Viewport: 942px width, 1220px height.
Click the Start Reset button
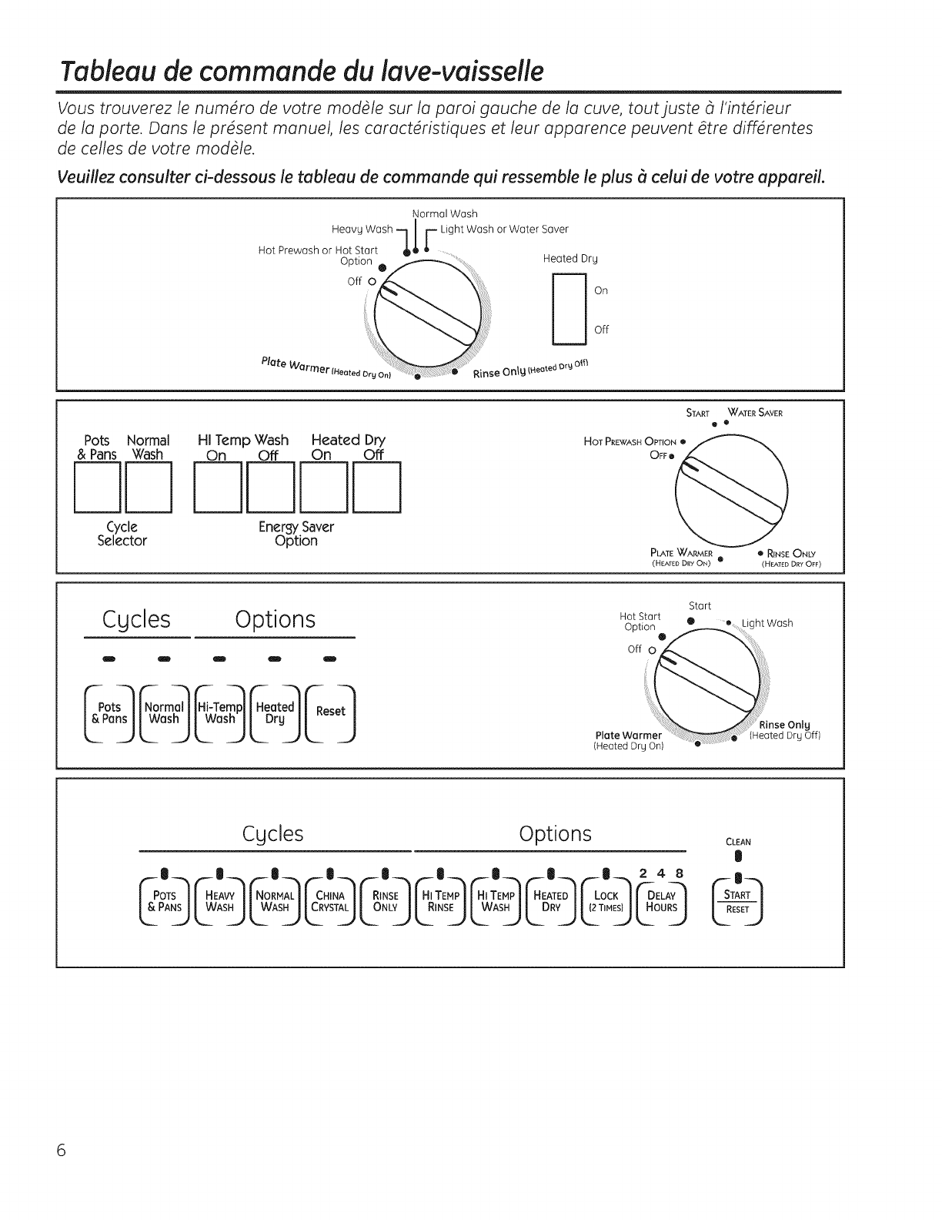tap(737, 900)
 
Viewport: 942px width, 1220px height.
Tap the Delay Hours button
tap(661, 900)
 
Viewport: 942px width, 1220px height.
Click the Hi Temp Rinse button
tap(441, 900)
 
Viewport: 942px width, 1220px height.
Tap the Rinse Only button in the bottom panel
tap(385, 900)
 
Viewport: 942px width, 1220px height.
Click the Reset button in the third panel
tap(330, 712)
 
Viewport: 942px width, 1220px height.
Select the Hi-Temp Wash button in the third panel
tap(220, 712)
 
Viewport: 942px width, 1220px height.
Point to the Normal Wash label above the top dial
tap(445, 213)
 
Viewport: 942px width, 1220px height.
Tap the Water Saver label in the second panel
tap(759, 413)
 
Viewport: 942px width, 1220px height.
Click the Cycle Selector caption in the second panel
tap(122, 534)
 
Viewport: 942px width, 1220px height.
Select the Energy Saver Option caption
tap(296, 534)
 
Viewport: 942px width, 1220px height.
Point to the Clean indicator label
tap(737, 842)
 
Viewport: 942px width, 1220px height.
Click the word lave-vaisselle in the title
tap(454, 72)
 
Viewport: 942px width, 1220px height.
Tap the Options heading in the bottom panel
tap(555, 834)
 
